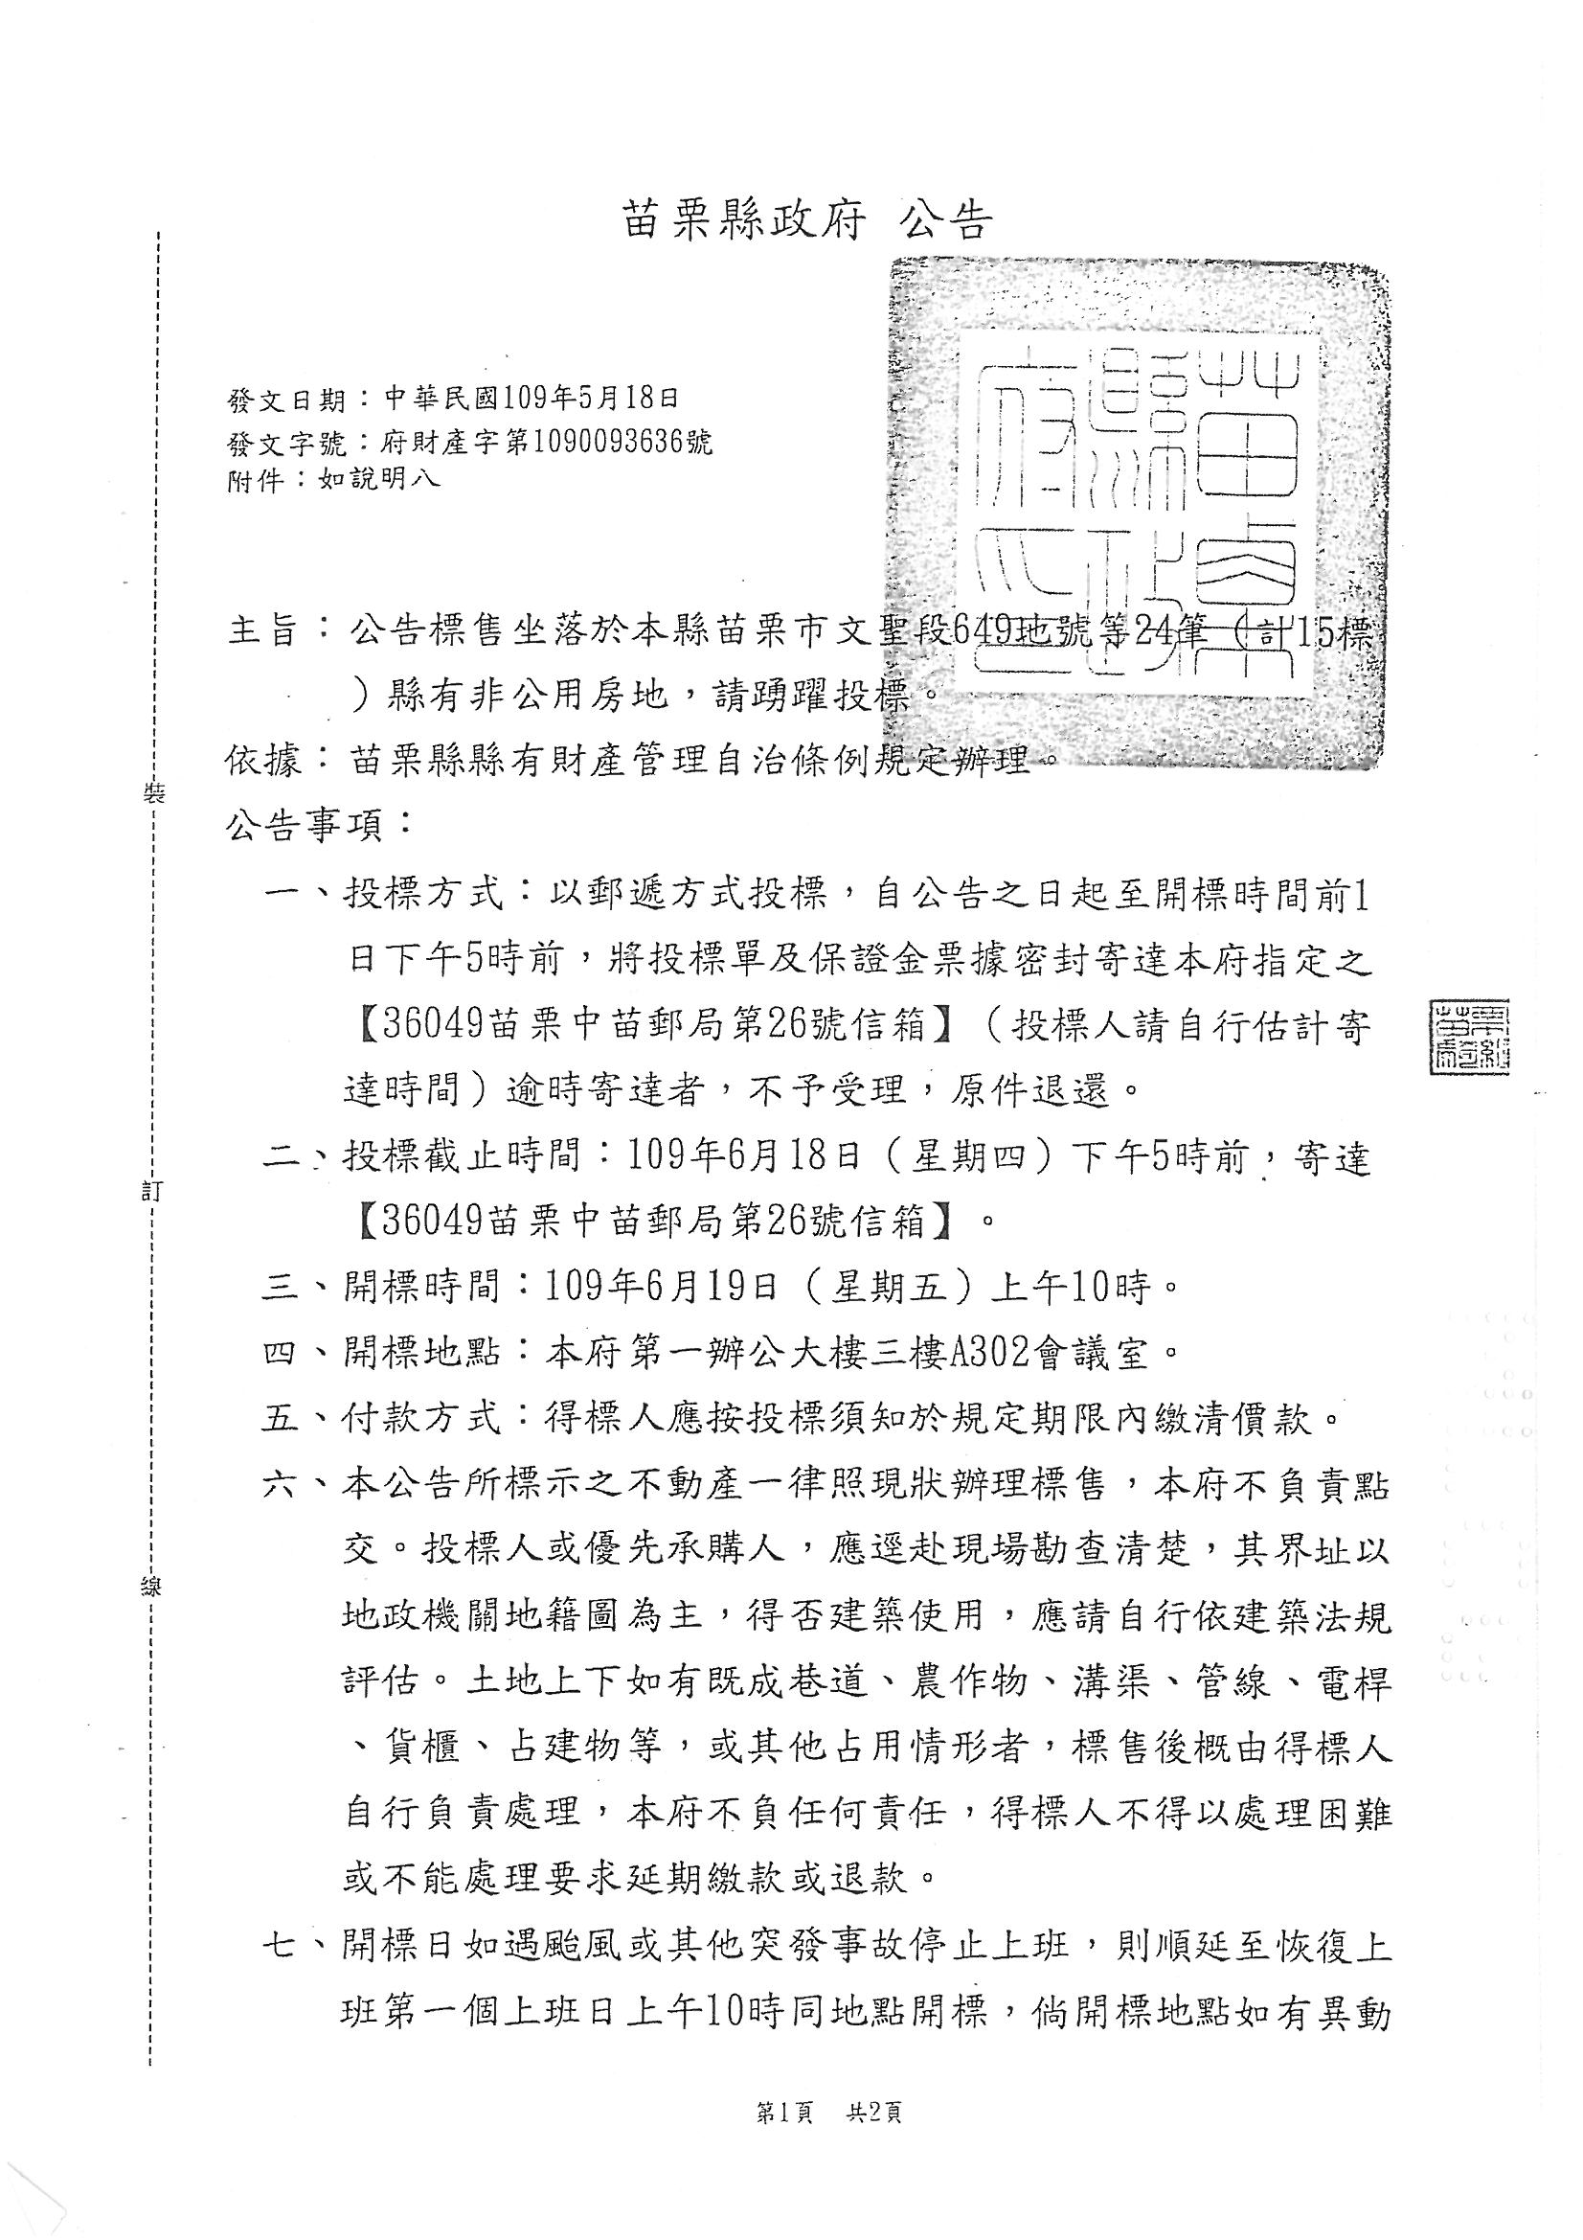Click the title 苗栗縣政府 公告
(x=806, y=221)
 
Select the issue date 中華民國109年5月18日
(x=530, y=398)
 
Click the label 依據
(x=262, y=760)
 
